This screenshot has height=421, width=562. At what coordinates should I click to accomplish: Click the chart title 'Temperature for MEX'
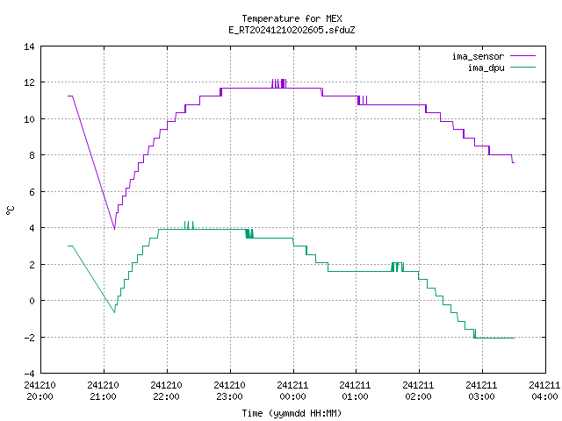[x=292, y=18]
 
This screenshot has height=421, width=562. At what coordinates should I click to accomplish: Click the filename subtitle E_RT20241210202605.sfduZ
[x=292, y=30]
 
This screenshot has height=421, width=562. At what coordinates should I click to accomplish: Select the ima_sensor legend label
[x=478, y=56]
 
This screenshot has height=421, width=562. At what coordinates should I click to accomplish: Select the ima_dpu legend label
[x=486, y=68]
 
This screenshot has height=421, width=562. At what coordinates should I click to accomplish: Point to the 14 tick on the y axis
[x=29, y=46]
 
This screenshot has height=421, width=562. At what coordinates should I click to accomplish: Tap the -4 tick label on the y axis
[x=29, y=374]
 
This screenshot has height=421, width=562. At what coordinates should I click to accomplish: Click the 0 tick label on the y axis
[x=32, y=301]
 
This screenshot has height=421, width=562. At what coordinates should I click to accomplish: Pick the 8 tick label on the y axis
[x=32, y=155]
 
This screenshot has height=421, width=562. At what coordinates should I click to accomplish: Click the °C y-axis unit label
[x=10, y=210]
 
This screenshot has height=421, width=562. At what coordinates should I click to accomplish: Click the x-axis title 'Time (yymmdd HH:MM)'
[x=292, y=413]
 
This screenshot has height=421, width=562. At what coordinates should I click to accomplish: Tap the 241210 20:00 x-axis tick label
[x=40, y=390]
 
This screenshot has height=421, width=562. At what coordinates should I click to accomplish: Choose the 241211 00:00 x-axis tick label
[x=292, y=390]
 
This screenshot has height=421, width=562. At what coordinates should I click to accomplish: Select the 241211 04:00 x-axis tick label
[x=544, y=390]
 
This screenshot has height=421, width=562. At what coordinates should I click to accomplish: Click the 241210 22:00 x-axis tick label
[x=166, y=390]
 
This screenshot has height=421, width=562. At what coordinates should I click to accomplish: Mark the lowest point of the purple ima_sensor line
[x=114, y=229]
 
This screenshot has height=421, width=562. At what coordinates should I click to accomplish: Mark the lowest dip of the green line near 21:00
[x=114, y=312]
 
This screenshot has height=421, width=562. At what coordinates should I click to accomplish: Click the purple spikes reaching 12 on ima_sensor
[x=279, y=83]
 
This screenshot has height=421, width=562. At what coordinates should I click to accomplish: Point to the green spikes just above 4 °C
[x=189, y=225]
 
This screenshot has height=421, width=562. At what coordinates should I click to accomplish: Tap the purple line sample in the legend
[x=522, y=56]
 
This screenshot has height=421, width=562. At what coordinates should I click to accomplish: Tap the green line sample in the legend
[x=522, y=68]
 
